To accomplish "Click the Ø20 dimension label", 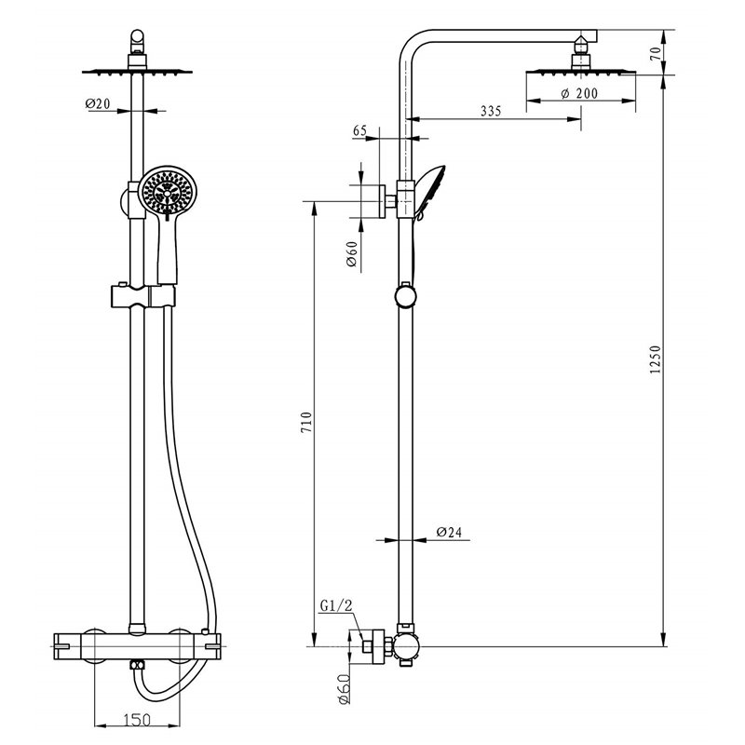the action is tap(98, 103).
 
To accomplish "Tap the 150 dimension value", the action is tap(137, 720).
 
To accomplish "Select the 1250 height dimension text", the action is tap(656, 359).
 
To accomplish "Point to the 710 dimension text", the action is tap(307, 422).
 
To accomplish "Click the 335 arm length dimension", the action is tap(491, 111).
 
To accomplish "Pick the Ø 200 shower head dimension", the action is tap(579, 93).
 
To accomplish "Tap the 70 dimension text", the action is tap(656, 53).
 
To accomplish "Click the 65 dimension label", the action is tap(359, 130).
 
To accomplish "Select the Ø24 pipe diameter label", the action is tap(449, 532).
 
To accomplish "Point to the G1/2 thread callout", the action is tap(336, 606).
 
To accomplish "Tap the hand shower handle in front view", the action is tap(168, 251).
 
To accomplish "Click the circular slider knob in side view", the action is tap(405, 296).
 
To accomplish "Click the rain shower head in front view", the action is tap(137, 72).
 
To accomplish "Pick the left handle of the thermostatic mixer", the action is tap(67, 646).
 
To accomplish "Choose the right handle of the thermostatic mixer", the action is tap(207, 646).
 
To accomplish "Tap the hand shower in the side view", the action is tap(430, 193).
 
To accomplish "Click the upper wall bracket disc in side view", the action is tap(382, 201).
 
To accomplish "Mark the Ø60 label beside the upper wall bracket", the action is tap(352, 254).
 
